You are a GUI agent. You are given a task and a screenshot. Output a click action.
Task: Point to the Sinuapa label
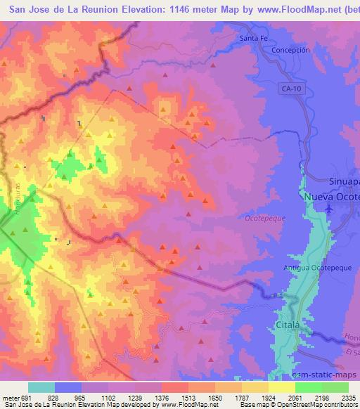[x=345, y=181]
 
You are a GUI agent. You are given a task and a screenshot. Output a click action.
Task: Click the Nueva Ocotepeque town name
[x=331, y=197]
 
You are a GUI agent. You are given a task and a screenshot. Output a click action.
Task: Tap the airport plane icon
[x=332, y=209]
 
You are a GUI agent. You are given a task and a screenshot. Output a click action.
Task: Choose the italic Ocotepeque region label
[x=265, y=219]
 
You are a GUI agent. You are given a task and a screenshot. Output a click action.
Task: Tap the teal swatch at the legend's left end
[x=41, y=387]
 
